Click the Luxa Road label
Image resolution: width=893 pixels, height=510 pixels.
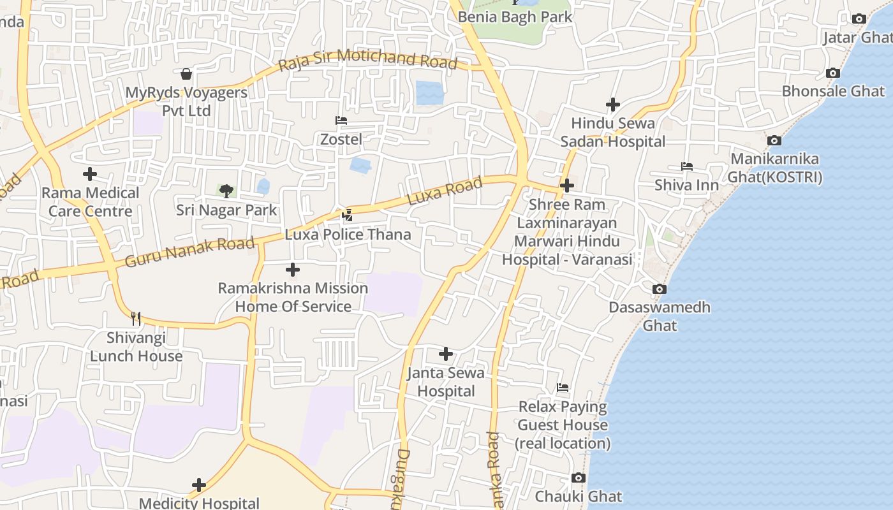[x=445, y=191]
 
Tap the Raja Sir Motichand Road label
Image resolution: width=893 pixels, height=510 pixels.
[x=368, y=59]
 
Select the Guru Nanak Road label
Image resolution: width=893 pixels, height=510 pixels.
[x=189, y=252]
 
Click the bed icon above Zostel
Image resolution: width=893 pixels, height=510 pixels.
[x=341, y=120]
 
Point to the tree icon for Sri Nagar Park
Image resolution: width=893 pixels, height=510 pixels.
[x=226, y=191]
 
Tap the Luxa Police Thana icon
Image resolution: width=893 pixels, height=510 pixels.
[x=347, y=215]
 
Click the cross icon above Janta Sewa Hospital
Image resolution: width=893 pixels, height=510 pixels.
[x=446, y=353]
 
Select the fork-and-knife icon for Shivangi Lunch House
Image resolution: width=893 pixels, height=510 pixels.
[x=136, y=318]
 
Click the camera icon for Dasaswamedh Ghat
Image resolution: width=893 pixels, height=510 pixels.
[x=660, y=289]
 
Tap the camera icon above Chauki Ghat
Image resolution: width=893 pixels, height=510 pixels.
[x=578, y=477]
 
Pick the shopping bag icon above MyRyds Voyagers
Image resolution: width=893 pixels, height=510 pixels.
[x=186, y=74]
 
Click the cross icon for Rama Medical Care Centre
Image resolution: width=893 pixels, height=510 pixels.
[x=90, y=173]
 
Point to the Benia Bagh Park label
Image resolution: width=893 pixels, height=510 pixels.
[x=515, y=17]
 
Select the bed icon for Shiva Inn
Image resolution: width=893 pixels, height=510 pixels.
[x=686, y=166]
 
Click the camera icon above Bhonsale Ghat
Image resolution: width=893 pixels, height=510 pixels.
[x=832, y=73]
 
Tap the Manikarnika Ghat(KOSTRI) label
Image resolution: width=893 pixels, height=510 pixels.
[x=776, y=168]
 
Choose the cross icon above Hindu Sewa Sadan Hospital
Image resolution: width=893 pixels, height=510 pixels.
[x=613, y=104]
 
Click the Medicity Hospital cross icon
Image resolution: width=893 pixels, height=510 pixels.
[x=199, y=485]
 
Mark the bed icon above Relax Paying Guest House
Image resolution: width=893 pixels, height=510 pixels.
[x=562, y=387]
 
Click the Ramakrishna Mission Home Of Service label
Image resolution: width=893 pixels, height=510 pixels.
[x=293, y=297]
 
